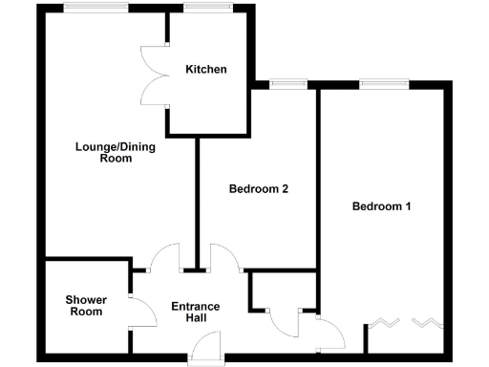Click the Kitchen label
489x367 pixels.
206,69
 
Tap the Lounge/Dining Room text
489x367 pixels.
115,152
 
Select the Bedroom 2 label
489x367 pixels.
259,189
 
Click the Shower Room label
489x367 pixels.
85,306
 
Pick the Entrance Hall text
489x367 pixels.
195,313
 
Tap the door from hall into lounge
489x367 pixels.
166,256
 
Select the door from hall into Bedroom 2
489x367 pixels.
225,256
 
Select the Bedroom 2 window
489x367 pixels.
284,84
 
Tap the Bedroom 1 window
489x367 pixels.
384,84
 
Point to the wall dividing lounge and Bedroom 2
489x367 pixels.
197,201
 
